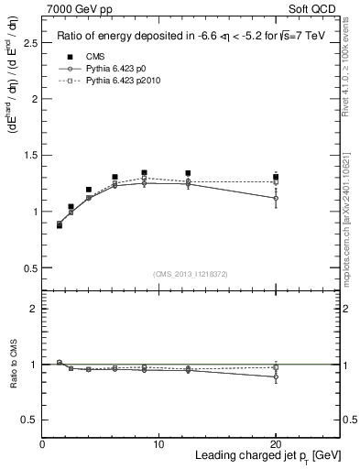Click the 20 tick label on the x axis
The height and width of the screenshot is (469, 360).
pos(276,444)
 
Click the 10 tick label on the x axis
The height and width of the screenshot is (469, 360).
pos(158,444)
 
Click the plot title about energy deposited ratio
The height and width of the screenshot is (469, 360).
pos(191,37)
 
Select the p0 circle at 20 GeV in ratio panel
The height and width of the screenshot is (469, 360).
pos(276,376)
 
